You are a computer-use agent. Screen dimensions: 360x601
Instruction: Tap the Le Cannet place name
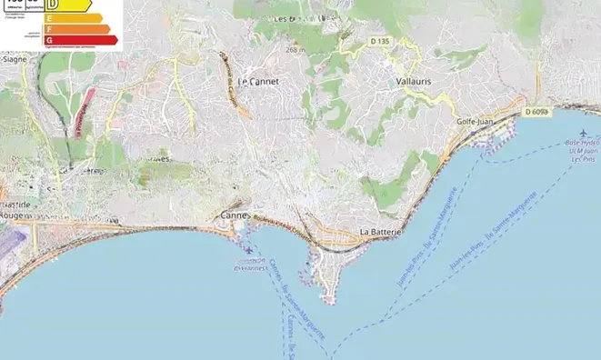point(257,81)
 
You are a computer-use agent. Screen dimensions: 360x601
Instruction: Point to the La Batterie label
point(382,233)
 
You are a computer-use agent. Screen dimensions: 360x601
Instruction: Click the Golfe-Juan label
point(476,120)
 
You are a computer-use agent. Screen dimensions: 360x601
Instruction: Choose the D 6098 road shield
point(537,111)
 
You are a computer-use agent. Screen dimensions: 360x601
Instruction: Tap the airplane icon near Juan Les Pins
point(570,133)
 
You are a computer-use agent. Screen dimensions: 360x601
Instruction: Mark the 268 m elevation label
point(293,49)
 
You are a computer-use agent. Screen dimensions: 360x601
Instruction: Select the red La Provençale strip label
point(79,118)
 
